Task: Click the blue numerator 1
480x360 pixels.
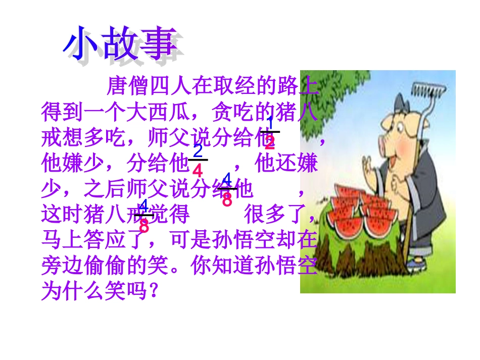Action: (270, 122)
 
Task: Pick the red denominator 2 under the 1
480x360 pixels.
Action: (270, 143)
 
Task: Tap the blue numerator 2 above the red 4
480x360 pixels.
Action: (198, 151)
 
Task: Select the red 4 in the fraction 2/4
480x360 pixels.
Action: (198, 171)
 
